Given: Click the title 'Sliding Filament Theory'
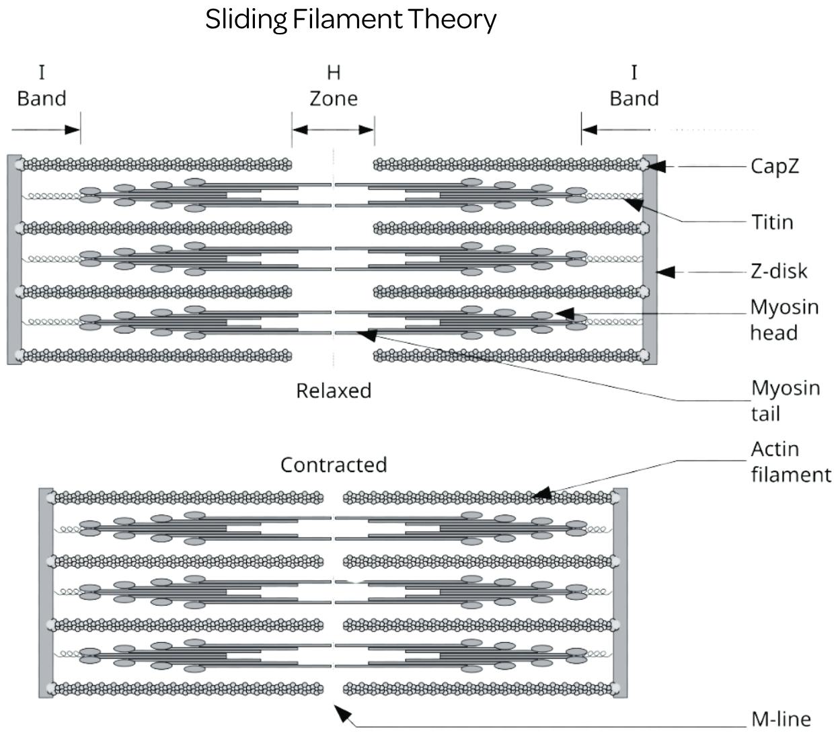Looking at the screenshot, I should point(350,20).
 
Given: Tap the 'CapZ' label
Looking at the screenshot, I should point(775,166).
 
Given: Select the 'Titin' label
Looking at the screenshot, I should point(772,222).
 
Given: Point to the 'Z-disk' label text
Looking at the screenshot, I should point(779,271).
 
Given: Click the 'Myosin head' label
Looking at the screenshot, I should point(784,319).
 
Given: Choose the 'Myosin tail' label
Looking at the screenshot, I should point(785,400).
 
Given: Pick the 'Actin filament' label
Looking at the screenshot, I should point(790,461).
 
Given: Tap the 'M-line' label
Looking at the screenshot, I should point(780,720).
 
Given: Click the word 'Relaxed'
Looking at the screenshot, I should point(334,391).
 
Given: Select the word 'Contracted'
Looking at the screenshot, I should point(334,465).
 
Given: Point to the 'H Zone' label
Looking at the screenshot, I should point(333,85).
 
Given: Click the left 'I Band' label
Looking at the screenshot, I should point(42,85).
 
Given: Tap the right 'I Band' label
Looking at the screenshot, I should point(634,85).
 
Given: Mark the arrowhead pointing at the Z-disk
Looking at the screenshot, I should point(665,272).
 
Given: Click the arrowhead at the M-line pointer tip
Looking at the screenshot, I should point(342,712).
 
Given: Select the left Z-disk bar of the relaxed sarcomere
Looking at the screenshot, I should point(14,259).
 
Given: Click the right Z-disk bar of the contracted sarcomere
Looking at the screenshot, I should point(620,592).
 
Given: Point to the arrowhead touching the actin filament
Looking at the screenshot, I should point(542,494).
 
